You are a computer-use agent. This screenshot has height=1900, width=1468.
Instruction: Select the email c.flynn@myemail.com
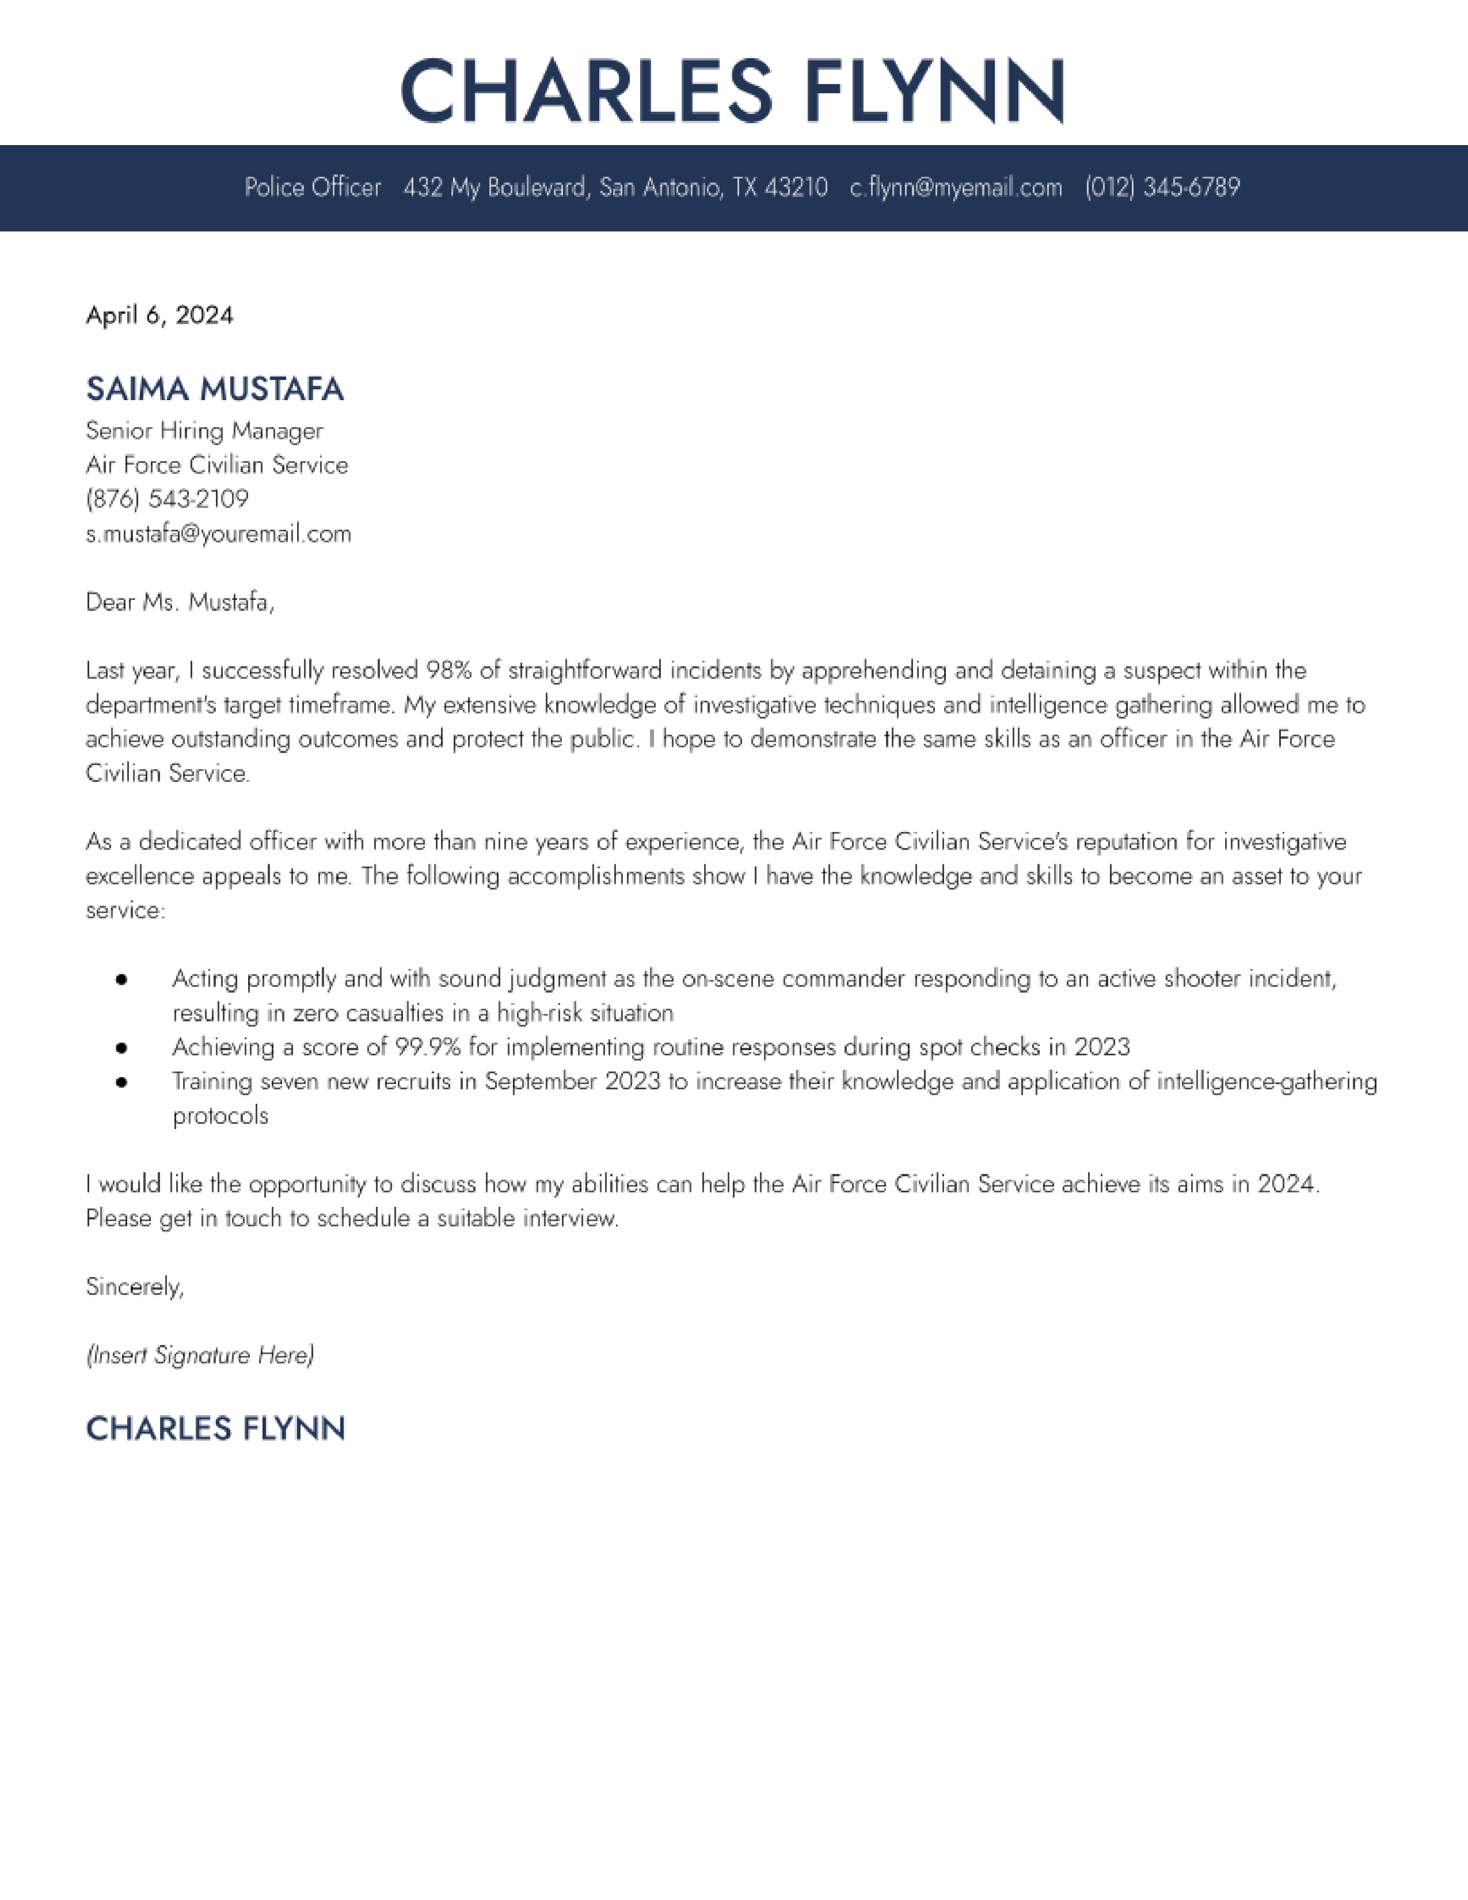(x=956, y=187)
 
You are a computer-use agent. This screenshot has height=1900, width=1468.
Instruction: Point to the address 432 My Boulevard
(x=496, y=187)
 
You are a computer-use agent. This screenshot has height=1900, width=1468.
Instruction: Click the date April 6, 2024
(x=159, y=315)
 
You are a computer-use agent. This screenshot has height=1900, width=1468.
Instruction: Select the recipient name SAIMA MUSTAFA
(x=215, y=389)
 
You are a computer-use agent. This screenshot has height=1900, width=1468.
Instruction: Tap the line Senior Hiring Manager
(x=204, y=431)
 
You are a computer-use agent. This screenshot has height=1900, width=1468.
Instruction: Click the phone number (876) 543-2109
(x=167, y=499)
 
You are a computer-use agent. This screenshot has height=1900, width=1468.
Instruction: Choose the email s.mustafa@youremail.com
(x=218, y=533)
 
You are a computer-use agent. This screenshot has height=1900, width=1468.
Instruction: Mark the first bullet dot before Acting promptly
(x=121, y=979)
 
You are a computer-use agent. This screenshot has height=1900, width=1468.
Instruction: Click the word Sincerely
(x=135, y=1287)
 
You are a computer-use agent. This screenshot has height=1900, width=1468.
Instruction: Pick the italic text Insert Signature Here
(x=200, y=1355)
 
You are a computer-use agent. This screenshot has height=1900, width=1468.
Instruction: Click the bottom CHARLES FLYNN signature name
(x=216, y=1428)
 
